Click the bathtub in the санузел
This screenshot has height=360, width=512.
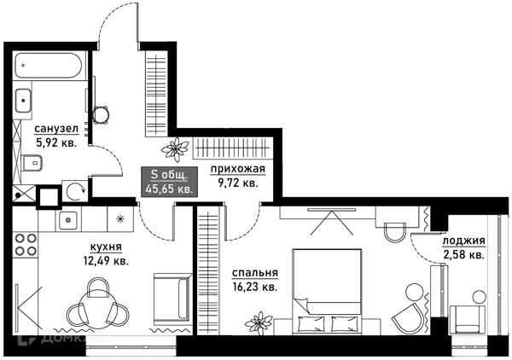pyautogui.click(x=48, y=66)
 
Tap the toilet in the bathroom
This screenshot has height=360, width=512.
pyautogui.click(x=32, y=163)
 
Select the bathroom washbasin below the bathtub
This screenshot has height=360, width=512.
pyautogui.click(x=23, y=101)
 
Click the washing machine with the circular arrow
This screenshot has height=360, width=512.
pyautogui.click(x=75, y=191)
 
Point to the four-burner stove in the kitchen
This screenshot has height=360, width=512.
pyautogui.click(x=26, y=245)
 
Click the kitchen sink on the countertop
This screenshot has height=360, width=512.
pyautogui.click(x=68, y=220)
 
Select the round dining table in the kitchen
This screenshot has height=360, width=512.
pyautogui.click(x=98, y=307)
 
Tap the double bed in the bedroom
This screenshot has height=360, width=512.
pyautogui.click(x=327, y=292)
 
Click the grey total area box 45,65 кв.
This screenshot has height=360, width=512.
pyautogui.click(x=169, y=182)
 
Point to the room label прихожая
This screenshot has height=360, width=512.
pyautogui.click(x=238, y=170)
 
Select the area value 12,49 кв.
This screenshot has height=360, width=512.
pyautogui.click(x=106, y=261)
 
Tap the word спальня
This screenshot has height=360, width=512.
pyautogui.click(x=254, y=273)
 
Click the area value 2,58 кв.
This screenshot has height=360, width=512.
pyautogui.click(x=463, y=254)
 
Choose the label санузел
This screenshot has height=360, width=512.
pyautogui.click(x=56, y=130)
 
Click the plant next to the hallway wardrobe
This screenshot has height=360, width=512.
pyautogui.click(x=175, y=149)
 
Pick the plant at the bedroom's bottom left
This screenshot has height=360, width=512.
pyautogui.click(x=259, y=323)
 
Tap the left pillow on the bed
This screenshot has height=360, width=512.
pyautogui.click(x=311, y=323)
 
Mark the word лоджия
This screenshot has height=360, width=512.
pyautogui.click(x=463, y=241)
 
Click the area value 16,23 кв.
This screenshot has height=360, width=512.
pyautogui.click(x=255, y=287)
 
